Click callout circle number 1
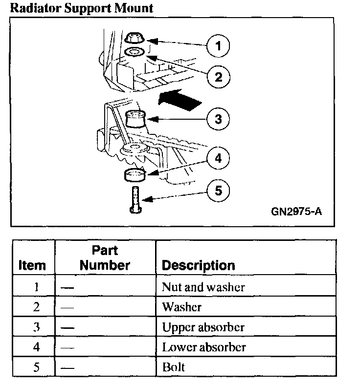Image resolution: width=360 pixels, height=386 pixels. pyautogui.click(x=218, y=46)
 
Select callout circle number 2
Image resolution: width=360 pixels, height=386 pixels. pyautogui.click(x=218, y=76)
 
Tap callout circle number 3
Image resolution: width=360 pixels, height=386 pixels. pyautogui.click(x=218, y=119)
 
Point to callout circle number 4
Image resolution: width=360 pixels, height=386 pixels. pyautogui.click(x=218, y=158)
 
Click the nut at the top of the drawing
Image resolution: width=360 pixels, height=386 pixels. pyautogui.click(x=134, y=38)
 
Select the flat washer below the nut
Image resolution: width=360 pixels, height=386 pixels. pyautogui.click(x=134, y=51)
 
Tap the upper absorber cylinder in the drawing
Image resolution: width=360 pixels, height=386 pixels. pyautogui.click(x=136, y=119)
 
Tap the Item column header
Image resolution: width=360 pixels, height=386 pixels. pyautogui.click(x=32, y=265)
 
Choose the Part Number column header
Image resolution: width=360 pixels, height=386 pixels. pyautogui.click(x=105, y=258)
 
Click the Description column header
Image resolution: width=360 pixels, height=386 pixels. pyautogui.click(x=198, y=265)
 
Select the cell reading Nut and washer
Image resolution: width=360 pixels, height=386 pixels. pyautogui.click(x=203, y=287)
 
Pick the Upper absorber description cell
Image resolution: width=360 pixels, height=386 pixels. pyautogui.click(x=203, y=327)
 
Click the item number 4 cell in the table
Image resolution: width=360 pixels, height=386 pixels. pyautogui.click(x=36, y=347)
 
